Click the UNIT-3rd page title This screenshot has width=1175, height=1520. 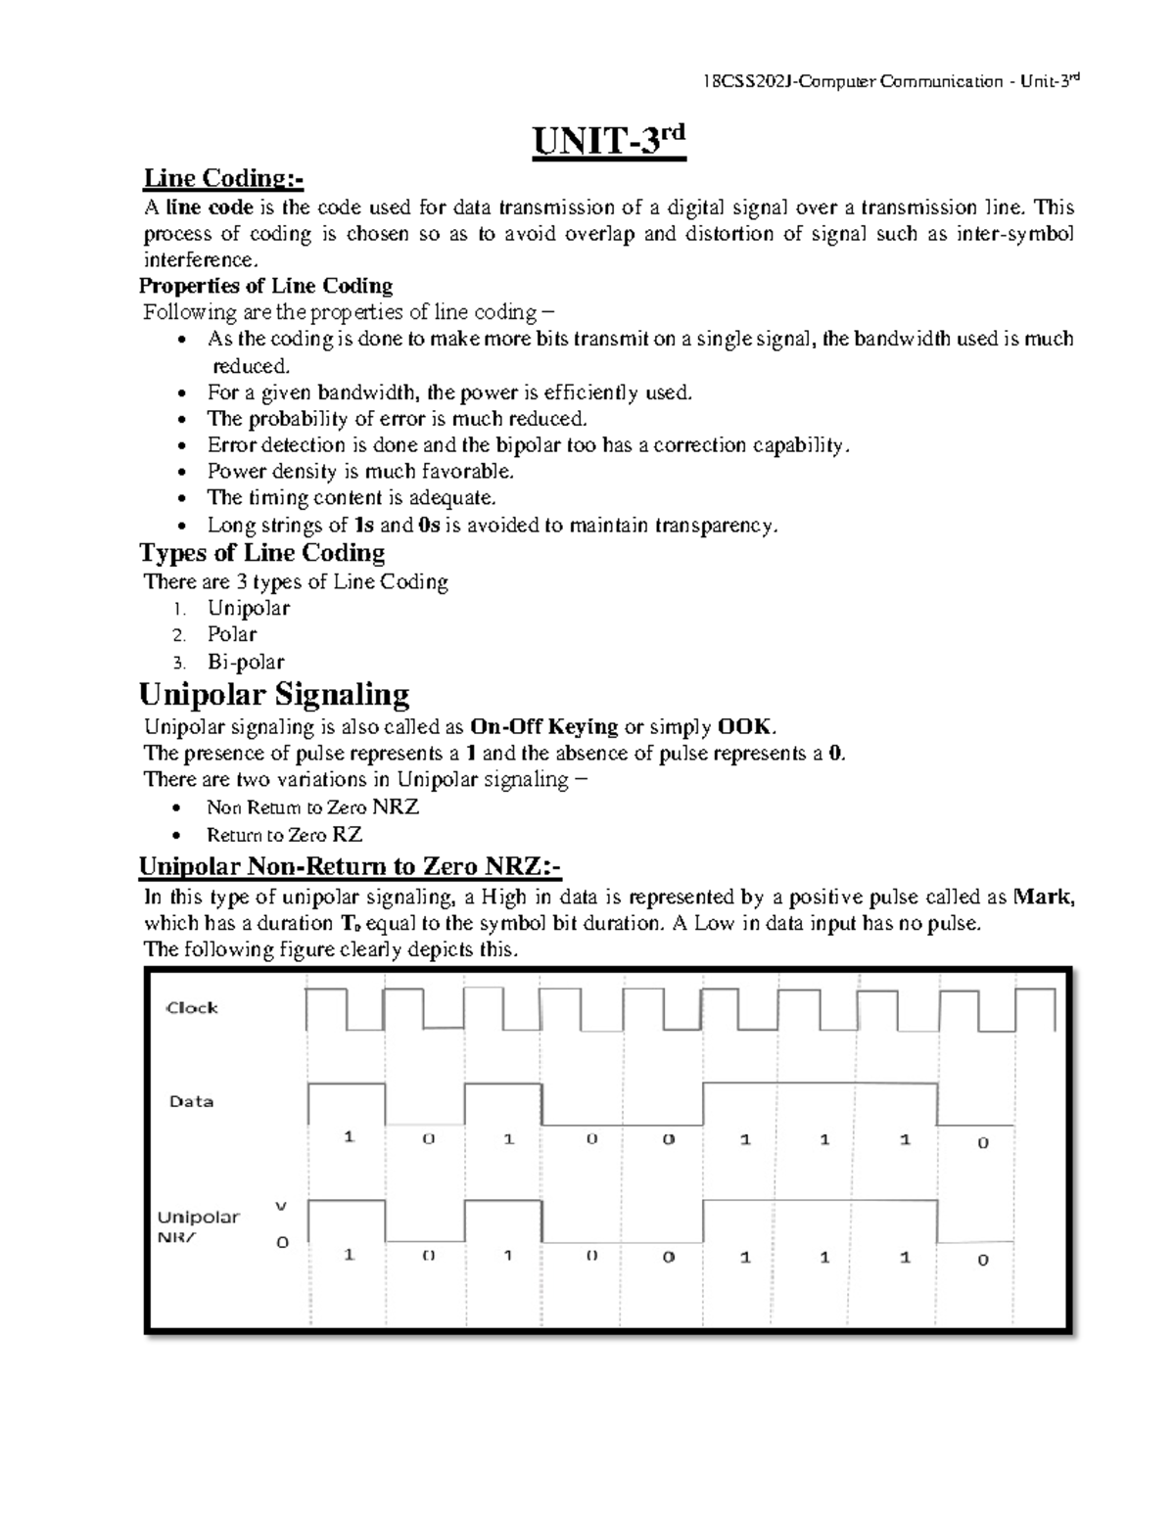(x=608, y=143)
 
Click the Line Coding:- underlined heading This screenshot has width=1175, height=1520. (x=223, y=179)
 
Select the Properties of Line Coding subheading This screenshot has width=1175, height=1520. (x=265, y=286)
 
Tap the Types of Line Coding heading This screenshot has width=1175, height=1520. (x=262, y=553)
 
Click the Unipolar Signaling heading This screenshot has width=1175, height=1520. (x=274, y=695)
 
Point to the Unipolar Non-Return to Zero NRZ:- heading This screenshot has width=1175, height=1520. (x=350, y=867)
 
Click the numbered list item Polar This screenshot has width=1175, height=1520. (x=232, y=634)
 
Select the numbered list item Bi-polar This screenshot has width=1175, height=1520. (x=246, y=662)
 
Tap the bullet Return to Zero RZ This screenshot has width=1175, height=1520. (x=284, y=835)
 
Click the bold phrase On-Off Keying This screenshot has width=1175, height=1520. (x=544, y=726)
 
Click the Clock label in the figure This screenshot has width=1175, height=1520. (x=192, y=1007)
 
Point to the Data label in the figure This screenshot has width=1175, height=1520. (x=191, y=1101)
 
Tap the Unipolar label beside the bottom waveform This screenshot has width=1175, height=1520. (x=199, y=1218)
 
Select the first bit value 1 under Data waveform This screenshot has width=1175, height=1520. (x=349, y=1136)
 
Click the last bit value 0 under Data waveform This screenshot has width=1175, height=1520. (x=983, y=1142)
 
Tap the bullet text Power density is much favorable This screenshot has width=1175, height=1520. (x=360, y=471)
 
